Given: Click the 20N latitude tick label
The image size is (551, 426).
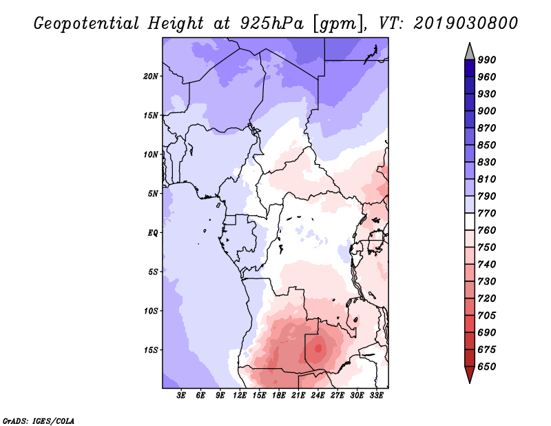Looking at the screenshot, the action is coord(151,77).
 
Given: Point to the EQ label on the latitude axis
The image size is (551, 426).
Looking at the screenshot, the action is coord(152,233).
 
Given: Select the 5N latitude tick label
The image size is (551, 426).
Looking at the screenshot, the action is coord(153,194).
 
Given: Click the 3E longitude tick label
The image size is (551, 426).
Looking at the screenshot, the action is coord(181,396).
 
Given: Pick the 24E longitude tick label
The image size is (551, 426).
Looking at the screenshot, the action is coord(318,396).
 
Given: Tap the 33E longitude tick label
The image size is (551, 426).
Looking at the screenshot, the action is coord(376,396).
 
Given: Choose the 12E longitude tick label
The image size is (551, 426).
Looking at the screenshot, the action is coord(239,396).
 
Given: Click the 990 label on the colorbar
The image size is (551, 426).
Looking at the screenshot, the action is coord(487,60).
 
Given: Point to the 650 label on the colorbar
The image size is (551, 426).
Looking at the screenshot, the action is coord(487,367).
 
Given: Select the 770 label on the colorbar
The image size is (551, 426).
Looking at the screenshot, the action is coord(487,213).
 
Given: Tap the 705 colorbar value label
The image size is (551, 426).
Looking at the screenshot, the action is coord(487,316).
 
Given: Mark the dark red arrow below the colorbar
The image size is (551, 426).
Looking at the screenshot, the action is coord(470,374).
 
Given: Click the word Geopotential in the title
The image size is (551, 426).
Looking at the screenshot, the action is coord(87,23).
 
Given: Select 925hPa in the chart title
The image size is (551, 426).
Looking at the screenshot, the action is coord(271,23).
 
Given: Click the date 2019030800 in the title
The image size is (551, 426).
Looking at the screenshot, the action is coord(466,23).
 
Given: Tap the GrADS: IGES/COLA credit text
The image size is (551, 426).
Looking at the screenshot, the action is coord(39,421).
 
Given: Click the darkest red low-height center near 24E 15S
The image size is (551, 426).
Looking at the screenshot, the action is coord(319,348).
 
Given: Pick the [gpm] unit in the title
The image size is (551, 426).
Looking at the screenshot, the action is coord(337,24).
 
